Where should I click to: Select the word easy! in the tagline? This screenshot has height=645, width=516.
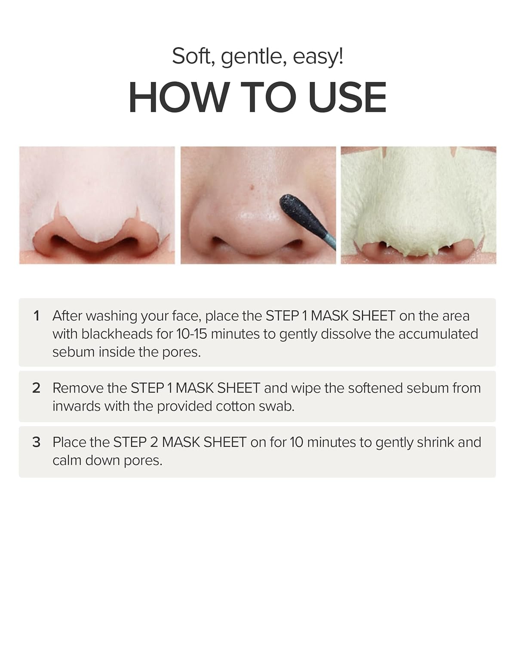click(x=318, y=56)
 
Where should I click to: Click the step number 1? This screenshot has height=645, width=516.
click(x=37, y=316)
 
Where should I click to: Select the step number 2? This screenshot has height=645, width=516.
click(x=37, y=388)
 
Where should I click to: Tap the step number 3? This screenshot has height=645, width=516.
click(x=37, y=442)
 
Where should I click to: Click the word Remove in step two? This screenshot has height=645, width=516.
click(x=78, y=388)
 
